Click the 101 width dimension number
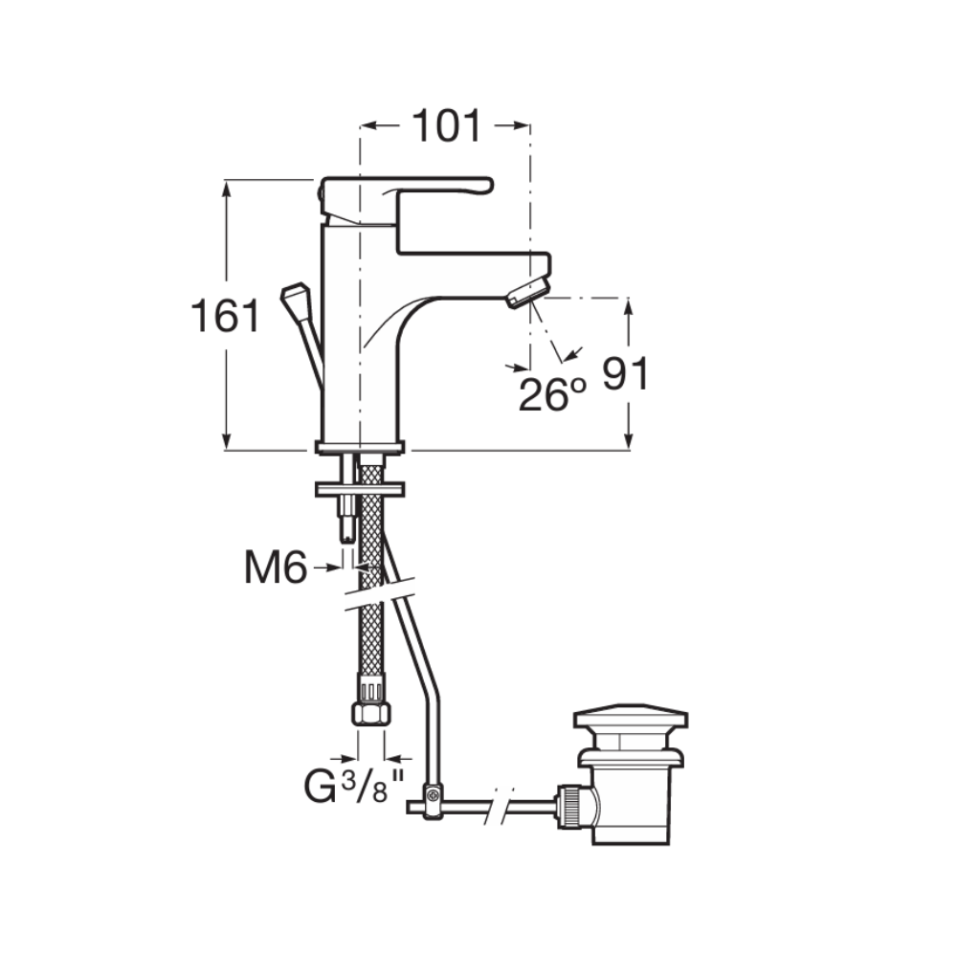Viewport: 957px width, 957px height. pyautogui.click(x=447, y=127)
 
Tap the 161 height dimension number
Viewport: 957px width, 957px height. pyautogui.click(x=225, y=316)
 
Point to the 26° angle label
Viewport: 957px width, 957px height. pyautogui.click(x=552, y=394)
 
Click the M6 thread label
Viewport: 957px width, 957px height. pyautogui.click(x=276, y=568)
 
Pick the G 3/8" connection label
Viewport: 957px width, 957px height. pyautogui.click(x=355, y=787)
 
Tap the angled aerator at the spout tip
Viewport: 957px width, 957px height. pyautogui.click(x=528, y=292)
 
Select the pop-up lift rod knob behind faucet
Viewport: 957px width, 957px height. pyautogui.click(x=296, y=296)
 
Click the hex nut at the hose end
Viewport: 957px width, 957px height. pyautogui.click(x=371, y=713)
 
